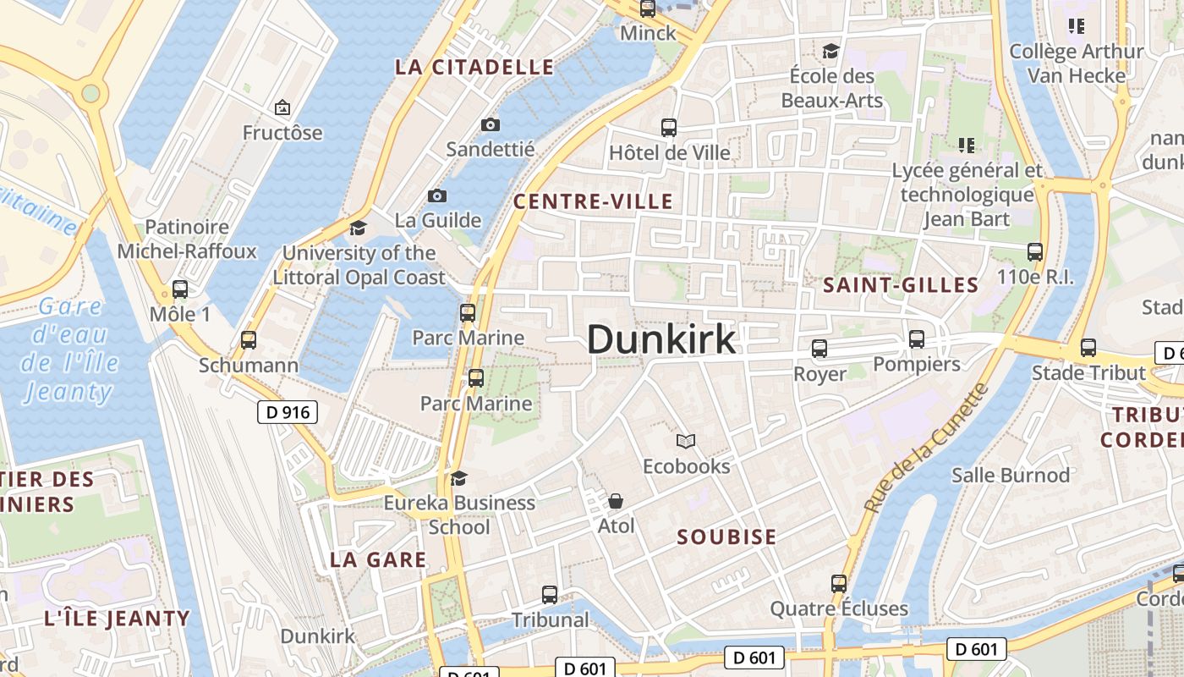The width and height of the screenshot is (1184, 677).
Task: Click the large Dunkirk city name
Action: [661, 339]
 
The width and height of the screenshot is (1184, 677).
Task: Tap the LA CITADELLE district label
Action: [474, 68]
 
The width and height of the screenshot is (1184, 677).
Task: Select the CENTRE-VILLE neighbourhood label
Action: [594, 201]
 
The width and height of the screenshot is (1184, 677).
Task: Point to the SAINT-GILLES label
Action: [901, 285]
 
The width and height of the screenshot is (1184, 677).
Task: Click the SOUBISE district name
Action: [726, 537]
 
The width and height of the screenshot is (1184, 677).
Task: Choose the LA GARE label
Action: [378, 559]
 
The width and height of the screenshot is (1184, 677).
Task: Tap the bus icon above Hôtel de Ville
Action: [669, 128]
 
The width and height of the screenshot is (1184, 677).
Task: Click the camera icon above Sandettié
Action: [490, 124]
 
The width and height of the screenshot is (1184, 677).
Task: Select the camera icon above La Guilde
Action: [437, 196]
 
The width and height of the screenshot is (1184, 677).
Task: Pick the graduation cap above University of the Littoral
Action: [358, 228]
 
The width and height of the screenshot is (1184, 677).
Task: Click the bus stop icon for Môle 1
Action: [180, 289]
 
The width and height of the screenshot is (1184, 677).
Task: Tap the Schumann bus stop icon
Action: [249, 340]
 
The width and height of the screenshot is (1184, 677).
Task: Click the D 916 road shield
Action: [288, 413]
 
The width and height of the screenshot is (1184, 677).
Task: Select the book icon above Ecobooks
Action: [686, 441]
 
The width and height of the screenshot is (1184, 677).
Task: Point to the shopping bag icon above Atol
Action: [616, 501]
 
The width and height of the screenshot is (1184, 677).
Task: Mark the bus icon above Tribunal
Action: [550, 595]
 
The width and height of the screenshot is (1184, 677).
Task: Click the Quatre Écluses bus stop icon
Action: [839, 584]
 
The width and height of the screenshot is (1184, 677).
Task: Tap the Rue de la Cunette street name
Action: [927, 449]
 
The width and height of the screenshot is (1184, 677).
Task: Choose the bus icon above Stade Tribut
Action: [1088, 348]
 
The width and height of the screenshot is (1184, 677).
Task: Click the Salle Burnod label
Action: [1011, 475]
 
